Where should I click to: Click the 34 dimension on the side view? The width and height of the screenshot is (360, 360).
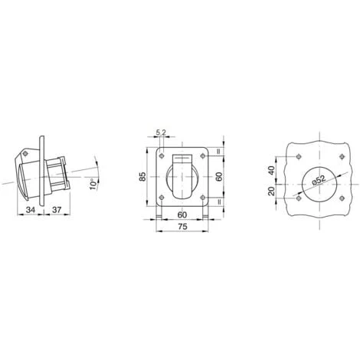(x=31, y=210)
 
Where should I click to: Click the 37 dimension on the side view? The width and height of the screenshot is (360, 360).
(x=57, y=210)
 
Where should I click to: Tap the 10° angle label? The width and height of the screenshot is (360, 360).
(x=94, y=185)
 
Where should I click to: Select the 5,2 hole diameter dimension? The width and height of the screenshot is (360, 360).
(x=161, y=133)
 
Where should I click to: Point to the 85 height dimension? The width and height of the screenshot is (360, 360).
(x=142, y=177)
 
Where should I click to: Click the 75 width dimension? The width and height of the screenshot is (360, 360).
(x=182, y=227)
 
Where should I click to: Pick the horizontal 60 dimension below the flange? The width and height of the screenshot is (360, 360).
(x=182, y=215)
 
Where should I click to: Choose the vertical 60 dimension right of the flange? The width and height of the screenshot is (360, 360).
(x=219, y=177)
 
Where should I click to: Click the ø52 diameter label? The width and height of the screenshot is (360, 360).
(x=319, y=180)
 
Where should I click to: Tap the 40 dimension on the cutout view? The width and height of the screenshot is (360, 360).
(x=272, y=170)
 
